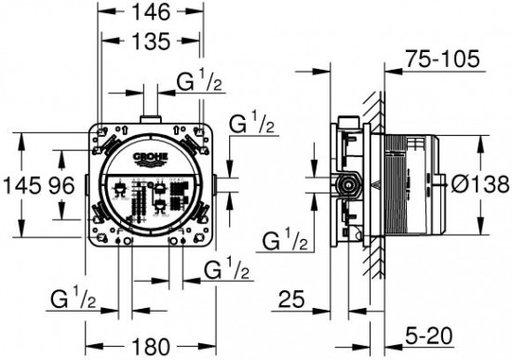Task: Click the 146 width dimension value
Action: pos(151,12)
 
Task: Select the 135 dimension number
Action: pos(151,41)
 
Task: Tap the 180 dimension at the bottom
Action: pos(151,346)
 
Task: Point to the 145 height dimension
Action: pos(20,185)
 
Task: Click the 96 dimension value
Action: pos(62,185)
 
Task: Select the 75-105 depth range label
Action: pos(442,60)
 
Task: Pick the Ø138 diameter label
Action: pos(479,184)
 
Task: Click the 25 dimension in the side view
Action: pos(291,299)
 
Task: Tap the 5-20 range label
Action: pos(429,336)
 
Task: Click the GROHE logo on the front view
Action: pos(150,158)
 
